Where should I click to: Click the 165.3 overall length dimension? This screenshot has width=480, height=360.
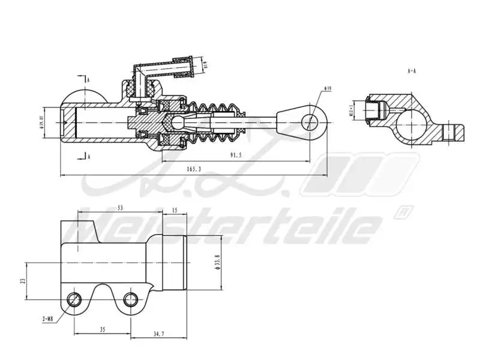tap(194, 170)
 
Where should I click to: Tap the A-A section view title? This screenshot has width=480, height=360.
tap(412, 70)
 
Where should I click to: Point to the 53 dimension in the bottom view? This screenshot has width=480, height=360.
tap(120, 208)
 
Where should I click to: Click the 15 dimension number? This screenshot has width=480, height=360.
tap(175, 210)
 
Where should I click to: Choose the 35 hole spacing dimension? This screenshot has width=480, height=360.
tap(102, 329)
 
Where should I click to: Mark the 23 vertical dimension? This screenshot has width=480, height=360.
tap(23, 280)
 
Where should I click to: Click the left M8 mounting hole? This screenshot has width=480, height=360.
tap(74, 298)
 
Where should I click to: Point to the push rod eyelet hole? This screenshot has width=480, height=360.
tap(310, 122)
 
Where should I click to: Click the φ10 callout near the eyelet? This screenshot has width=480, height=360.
tap(328, 88)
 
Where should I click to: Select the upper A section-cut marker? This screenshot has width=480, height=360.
tap(88, 79)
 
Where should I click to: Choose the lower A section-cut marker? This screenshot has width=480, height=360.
tap(88, 157)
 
